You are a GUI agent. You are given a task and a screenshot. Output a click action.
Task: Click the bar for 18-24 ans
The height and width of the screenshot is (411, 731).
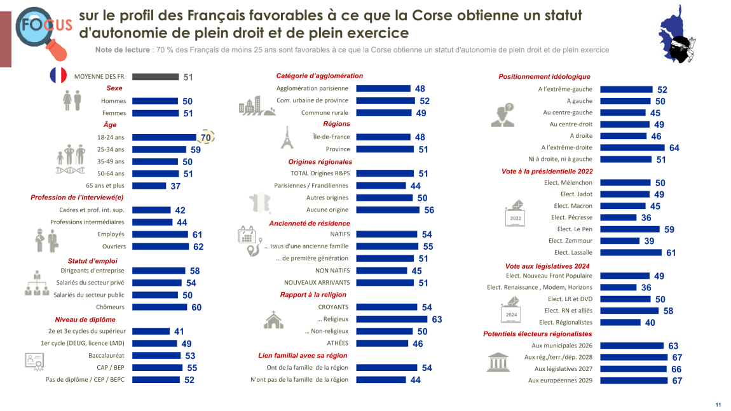(164, 137)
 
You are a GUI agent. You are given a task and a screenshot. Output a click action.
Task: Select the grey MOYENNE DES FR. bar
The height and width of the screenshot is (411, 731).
(155, 77)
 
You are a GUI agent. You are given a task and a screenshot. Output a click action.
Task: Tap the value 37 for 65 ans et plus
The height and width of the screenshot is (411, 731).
(175, 186)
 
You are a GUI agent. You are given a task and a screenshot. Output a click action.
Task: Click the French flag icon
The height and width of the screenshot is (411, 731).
(58, 76)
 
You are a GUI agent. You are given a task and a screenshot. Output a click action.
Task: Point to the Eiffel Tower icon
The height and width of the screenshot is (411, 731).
(287, 138)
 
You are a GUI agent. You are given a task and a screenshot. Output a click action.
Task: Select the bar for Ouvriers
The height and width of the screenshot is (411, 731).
(160, 246)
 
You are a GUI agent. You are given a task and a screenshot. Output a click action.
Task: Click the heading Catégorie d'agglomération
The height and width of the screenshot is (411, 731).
(319, 76)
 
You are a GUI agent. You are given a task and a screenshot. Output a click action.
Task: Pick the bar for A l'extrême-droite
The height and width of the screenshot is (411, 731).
(633, 147)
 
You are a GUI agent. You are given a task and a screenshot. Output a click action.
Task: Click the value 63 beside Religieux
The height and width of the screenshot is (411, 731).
(437, 320)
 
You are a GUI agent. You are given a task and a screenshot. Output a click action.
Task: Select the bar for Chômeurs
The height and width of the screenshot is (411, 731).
(160, 307)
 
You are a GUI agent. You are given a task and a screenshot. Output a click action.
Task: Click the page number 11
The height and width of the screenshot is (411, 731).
(718, 405)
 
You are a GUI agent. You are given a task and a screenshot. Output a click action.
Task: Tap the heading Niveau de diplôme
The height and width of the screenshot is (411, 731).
(85, 320)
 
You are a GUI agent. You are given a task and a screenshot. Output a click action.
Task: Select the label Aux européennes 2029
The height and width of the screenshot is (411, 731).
(560, 381)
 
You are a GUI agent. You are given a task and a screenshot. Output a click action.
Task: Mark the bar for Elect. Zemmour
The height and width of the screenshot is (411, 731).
(620, 241)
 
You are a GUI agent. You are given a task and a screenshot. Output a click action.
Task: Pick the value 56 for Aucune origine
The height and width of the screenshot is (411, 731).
(429, 210)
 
